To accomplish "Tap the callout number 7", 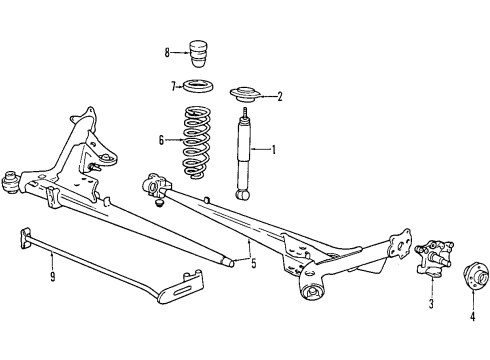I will pyautogui.click(x=172, y=85).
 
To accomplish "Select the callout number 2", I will pyautogui.click(x=280, y=97).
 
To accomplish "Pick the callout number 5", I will pyautogui.click(x=253, y=265).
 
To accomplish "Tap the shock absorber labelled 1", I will pyautogui.click(x=243, y=155).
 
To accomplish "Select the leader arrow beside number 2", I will pyautogui.click(x=267, y=97).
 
